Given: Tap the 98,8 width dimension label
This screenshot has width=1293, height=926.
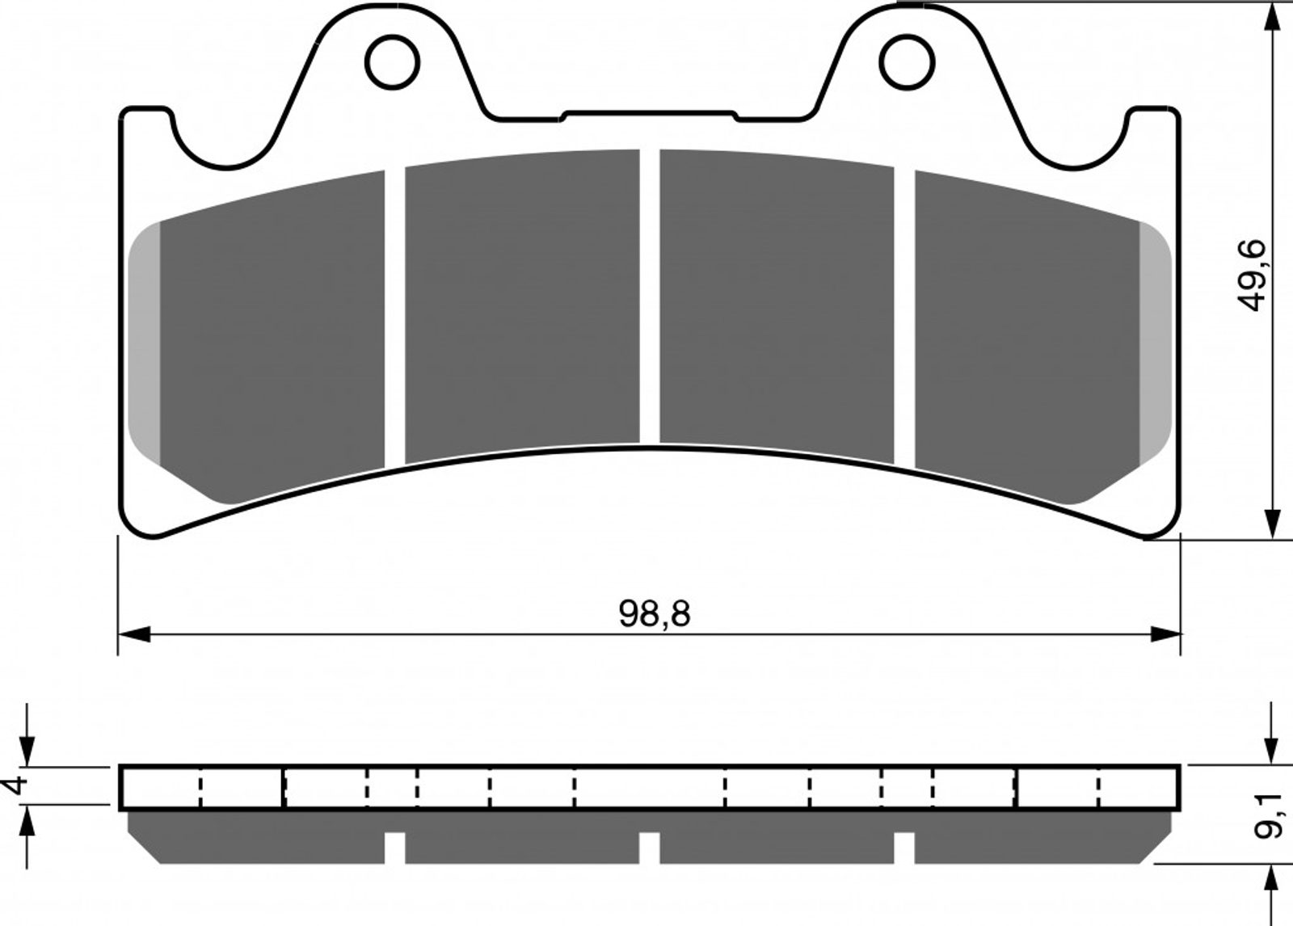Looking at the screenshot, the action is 654,614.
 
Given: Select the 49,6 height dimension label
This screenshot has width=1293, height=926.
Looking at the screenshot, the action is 1252,276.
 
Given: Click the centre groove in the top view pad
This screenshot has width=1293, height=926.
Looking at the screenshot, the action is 650,297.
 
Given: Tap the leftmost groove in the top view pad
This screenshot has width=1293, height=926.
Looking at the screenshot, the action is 395,318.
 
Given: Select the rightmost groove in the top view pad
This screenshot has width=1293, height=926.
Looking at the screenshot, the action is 904,318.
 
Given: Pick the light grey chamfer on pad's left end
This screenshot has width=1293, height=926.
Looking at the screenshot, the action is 145,344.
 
